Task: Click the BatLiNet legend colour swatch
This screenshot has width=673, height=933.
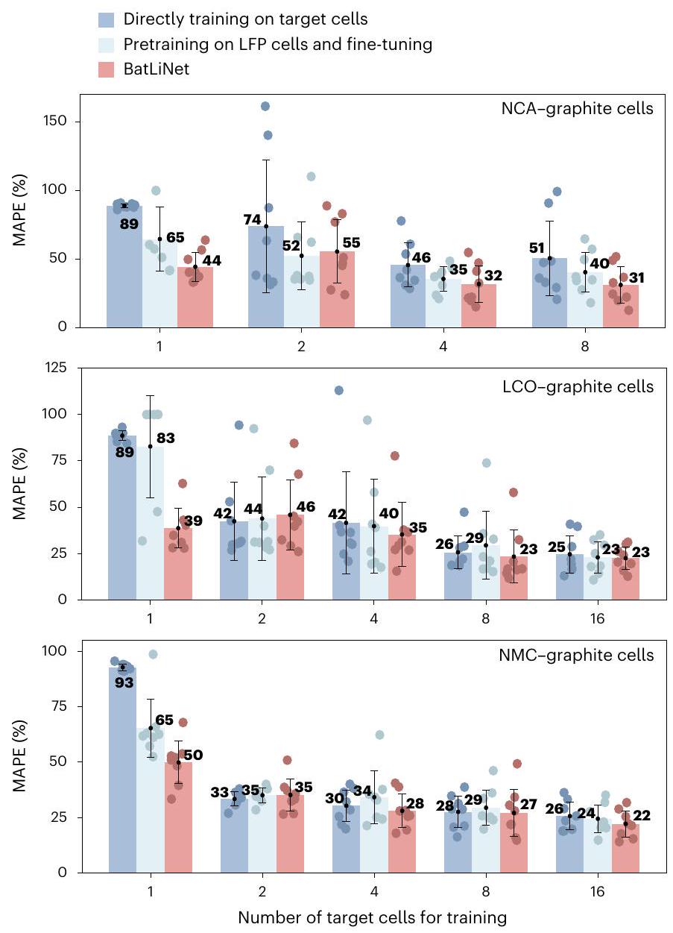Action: [x=109, y=70]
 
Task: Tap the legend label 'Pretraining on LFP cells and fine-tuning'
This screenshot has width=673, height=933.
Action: [x=278, y=44]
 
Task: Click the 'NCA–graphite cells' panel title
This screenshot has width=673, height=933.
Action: [x=577, y=109]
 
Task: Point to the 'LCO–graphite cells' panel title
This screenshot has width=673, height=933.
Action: [x=578, y=386]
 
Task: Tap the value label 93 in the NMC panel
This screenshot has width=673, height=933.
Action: [x=124, y=681]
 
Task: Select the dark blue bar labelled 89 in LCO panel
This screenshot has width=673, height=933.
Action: [x=122, y=522]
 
